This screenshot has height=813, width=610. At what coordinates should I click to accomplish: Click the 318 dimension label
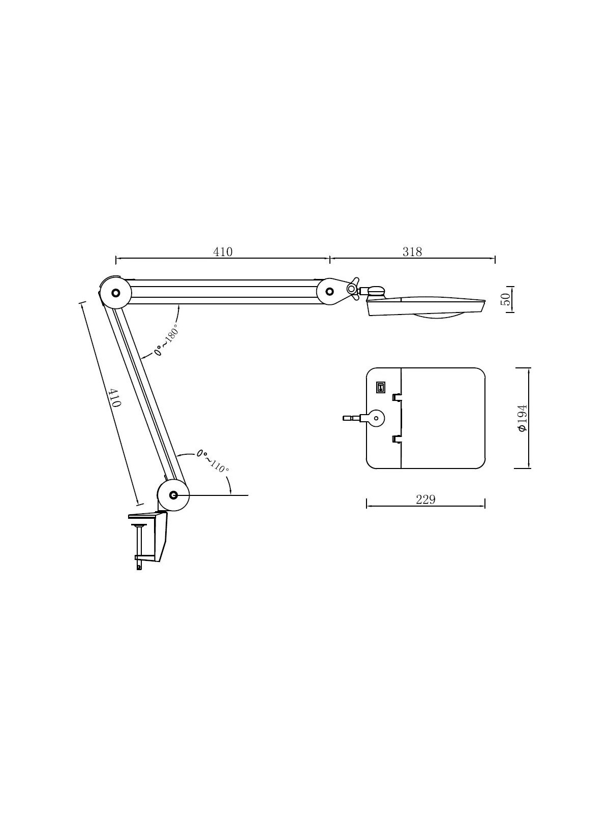click(x=412, y=252)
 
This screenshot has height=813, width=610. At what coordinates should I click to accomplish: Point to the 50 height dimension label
click(x=505, y=299)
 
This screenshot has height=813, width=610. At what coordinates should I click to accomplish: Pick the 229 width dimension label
click(x=425, y=500)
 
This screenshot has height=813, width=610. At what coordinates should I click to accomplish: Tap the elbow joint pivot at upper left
click(x=115, y=293)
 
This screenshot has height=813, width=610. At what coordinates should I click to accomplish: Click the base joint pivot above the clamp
click(x=173, y=495)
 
